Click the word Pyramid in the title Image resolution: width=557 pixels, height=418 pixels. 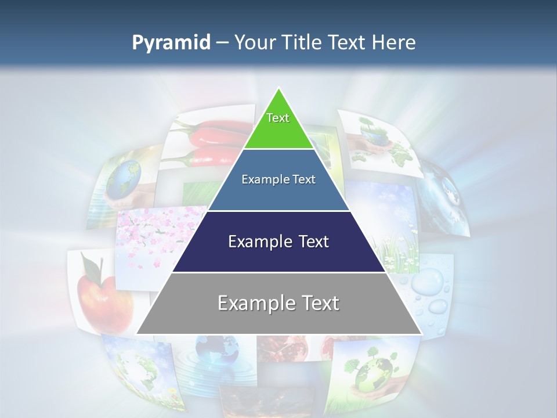[171, 43]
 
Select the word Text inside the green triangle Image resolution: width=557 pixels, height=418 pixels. [278, 118]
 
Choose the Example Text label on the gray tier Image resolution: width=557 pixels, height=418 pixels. [278, 303]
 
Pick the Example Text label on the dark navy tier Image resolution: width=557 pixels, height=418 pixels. [278, 242]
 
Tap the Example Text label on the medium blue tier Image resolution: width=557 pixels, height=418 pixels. [278, 179]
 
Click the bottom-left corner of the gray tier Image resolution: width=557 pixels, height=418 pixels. [138, 333]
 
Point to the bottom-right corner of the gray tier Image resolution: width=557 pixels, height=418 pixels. [421, 333]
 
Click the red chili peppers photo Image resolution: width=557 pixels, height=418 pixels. [209, 142]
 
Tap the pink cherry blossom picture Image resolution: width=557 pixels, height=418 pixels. [151, 238]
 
